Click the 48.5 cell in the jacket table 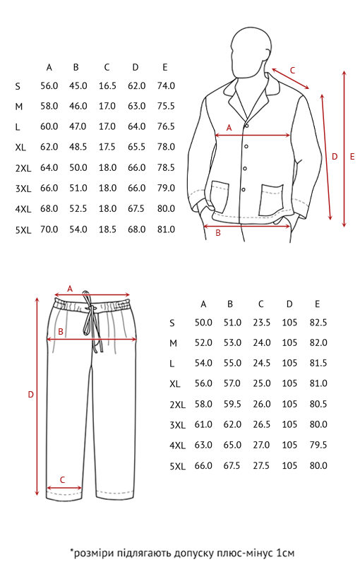[x=78, y=147]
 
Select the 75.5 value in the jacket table [x=166, y=107]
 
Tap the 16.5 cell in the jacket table [x=107, y=86]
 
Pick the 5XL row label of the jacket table [x=23, y=230]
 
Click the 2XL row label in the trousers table [x=178, y=405]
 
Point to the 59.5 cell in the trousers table [x=232, y=405]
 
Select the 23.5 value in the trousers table [x=262, y=323]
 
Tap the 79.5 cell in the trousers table [x=318, y=445]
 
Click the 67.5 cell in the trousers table [x=232, y=465]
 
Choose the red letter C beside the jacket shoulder [x=292, y=70]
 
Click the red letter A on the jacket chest [x=229, y=128]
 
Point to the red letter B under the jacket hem [x=218, y=234]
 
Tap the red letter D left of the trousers [x=30, y=395]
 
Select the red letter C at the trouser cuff [x=62, y=480]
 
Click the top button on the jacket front [x=246, y=126]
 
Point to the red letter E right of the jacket [x=352, y=157]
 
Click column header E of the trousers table [x=317, y=304]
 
